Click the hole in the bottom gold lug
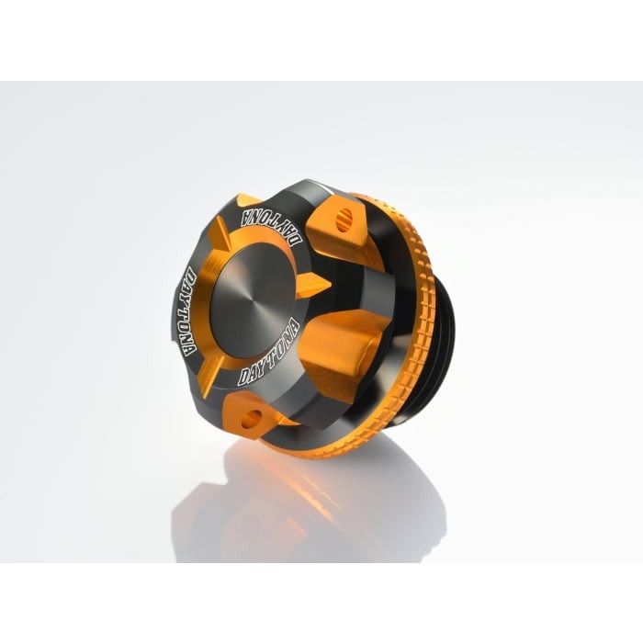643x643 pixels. (251, 420)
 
